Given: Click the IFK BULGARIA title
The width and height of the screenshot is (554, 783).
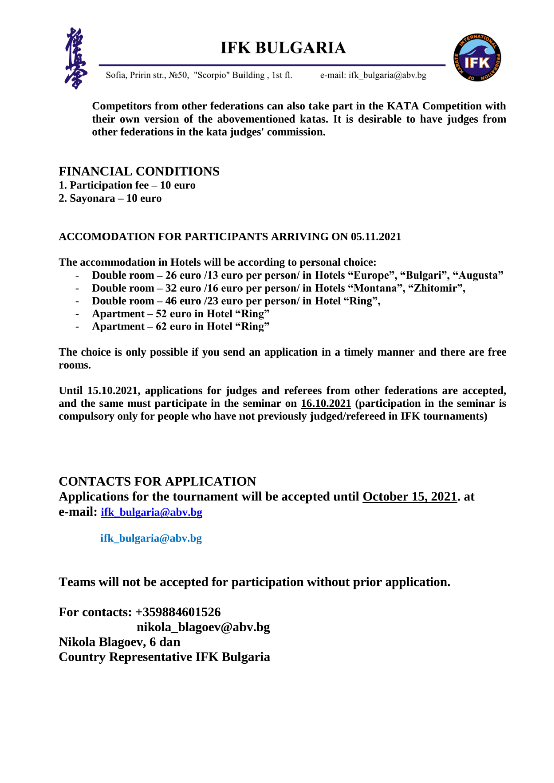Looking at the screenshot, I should [x=283, y=48].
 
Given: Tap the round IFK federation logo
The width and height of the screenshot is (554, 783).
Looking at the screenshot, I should [x=477, y=58].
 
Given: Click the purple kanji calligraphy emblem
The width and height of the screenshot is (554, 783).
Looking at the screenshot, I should [x=76, y=58].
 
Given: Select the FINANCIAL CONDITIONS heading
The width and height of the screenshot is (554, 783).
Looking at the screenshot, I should [x=139, y=171].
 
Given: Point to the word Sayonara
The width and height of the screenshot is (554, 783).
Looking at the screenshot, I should [x=92, y=198].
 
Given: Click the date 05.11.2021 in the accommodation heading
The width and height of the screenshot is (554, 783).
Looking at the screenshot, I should [x=375, y=237].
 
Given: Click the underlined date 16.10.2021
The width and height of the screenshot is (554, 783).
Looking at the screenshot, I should [x=326, y=403].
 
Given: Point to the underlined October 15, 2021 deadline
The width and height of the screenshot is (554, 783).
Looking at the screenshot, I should [x=409, y=496].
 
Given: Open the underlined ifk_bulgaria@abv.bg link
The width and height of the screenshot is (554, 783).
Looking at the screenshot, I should [x=151, y=512].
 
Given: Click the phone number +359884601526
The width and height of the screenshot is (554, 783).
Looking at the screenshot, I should [x=178, y=612].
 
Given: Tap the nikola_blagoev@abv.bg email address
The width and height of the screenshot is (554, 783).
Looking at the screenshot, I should [x=203, y=627].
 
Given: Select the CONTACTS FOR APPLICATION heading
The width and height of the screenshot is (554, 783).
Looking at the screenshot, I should [x=157, y=481].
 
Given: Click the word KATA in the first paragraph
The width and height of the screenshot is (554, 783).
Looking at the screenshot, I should [x=402, y=106].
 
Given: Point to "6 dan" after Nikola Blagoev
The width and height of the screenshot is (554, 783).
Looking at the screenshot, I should [x=165, y=642].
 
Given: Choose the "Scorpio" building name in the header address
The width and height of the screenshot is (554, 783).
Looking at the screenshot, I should [x=212, y=75].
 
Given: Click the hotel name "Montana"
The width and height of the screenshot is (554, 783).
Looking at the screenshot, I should [x=375, y=288].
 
